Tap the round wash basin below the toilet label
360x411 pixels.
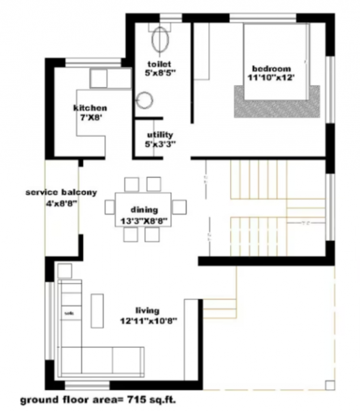pos(146,100)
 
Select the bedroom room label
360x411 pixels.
pos(272,68)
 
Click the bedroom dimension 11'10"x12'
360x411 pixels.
pos(272,77)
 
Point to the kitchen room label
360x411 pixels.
pos(90,108)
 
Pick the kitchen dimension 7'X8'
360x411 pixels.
pos(90,117)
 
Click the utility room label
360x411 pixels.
pos(159,135)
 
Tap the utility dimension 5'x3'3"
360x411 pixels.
pos(159,144)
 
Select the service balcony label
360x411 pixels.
pos(61,192)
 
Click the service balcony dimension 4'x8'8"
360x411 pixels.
pos(61,203)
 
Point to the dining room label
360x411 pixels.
pos(144,210)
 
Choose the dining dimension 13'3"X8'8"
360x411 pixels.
pos(144,220)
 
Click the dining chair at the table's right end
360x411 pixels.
pos(179,206)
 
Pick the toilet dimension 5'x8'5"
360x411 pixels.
pos(159,72)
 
